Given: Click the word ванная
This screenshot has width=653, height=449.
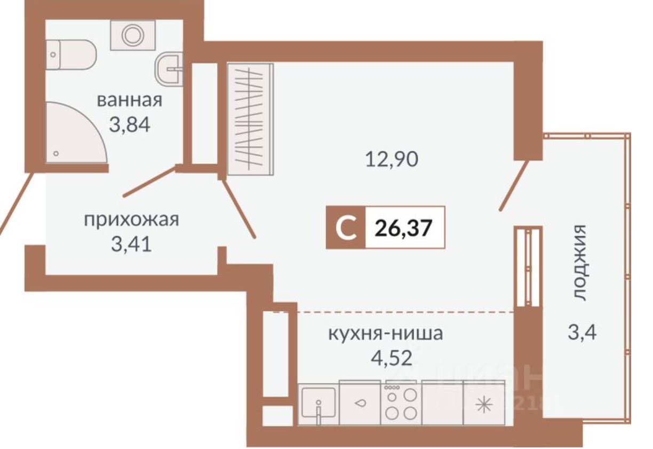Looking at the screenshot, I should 129,100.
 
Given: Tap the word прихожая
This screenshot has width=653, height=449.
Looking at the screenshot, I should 131,219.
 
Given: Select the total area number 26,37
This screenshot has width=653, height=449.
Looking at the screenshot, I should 403,228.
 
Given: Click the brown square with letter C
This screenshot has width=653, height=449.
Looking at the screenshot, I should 346,228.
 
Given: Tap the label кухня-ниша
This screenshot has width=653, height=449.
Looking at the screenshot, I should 385,334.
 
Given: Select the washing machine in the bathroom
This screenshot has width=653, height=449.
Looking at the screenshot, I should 132,35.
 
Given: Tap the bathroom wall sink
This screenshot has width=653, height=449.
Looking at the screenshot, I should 170,68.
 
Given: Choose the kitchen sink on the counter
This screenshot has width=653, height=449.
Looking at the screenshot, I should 318,404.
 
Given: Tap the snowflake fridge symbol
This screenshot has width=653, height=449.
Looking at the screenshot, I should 484,404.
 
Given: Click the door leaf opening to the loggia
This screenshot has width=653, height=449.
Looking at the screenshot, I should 514,182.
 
